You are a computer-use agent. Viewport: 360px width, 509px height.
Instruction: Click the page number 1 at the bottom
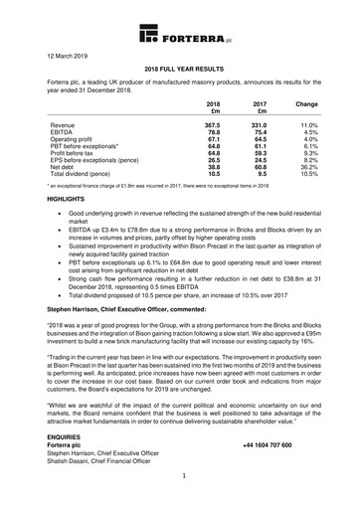(x=180, y=503)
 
